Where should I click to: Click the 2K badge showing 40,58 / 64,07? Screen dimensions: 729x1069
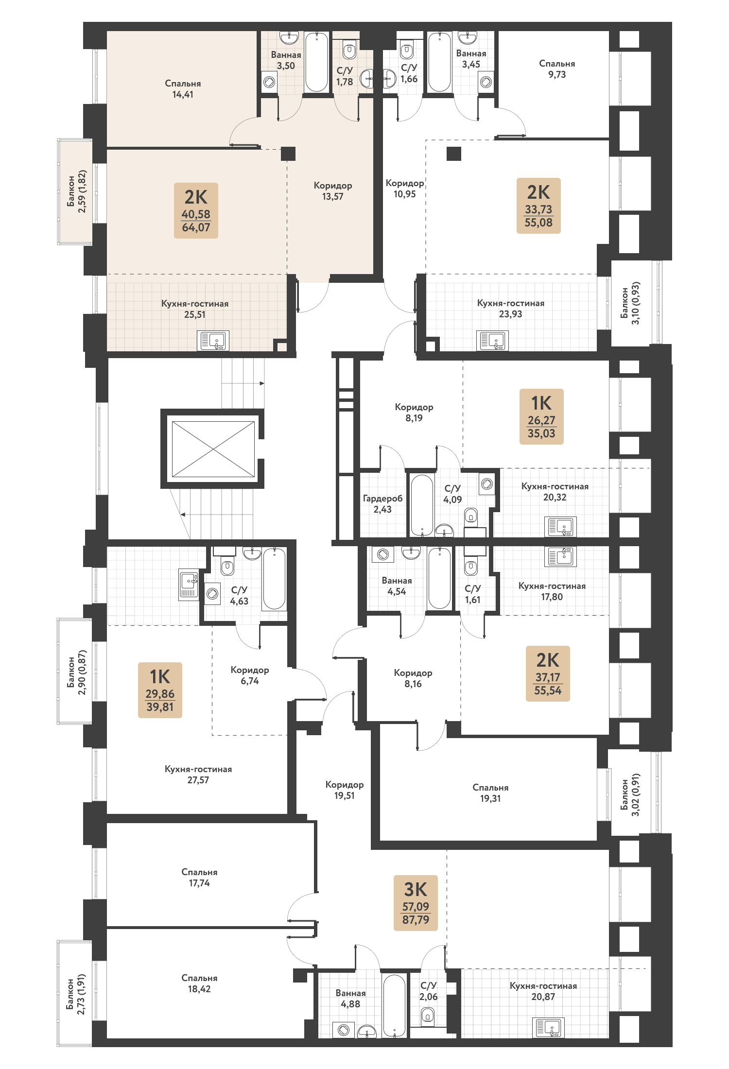[196, 210]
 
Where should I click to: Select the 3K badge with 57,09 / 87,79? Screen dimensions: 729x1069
[416, 903]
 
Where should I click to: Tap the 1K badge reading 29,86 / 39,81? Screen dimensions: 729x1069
[160, 690]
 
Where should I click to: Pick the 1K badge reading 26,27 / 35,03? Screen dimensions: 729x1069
[541, 416]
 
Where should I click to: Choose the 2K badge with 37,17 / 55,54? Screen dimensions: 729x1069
[548, 673]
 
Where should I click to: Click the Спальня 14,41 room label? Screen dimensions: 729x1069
[183, 89]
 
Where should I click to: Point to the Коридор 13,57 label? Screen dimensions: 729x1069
[333, 191]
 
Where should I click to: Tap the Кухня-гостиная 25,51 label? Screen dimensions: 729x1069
[195, 309]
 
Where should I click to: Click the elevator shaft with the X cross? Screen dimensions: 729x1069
[213, 449]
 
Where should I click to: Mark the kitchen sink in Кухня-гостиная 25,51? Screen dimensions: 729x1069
[213, 341]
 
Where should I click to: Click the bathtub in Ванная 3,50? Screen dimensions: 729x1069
[316, 62]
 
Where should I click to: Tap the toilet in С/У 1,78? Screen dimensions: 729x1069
[349, 50]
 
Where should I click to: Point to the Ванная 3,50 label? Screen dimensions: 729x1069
[286, 60]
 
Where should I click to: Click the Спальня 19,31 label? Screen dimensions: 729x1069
[490, 793]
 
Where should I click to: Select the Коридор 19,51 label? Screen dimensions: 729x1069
[345, 790]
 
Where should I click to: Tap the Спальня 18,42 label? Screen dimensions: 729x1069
[199, 983]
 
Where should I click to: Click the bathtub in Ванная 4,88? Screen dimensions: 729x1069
[394, 1005]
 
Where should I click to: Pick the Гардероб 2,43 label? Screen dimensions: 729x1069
[382, 504]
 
